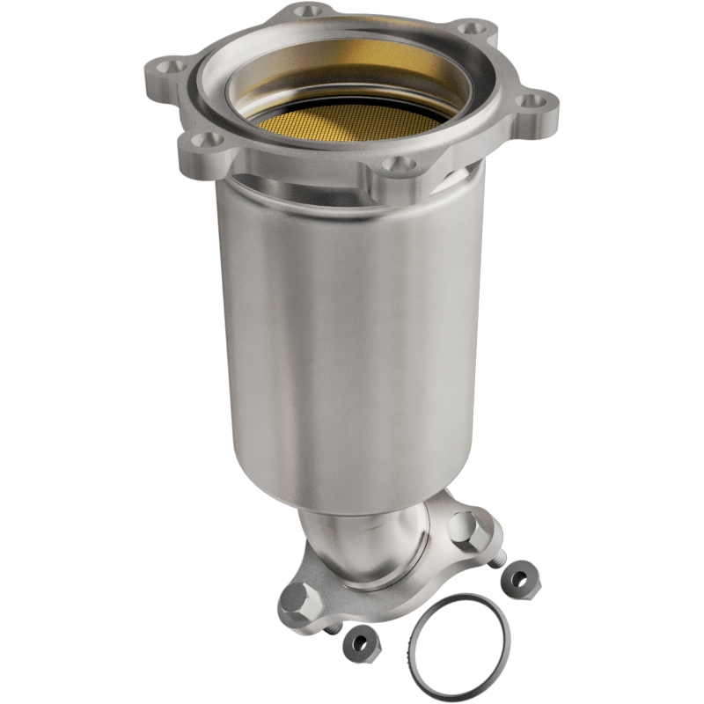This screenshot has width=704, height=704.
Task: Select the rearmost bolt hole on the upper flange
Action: click(304, 12)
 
